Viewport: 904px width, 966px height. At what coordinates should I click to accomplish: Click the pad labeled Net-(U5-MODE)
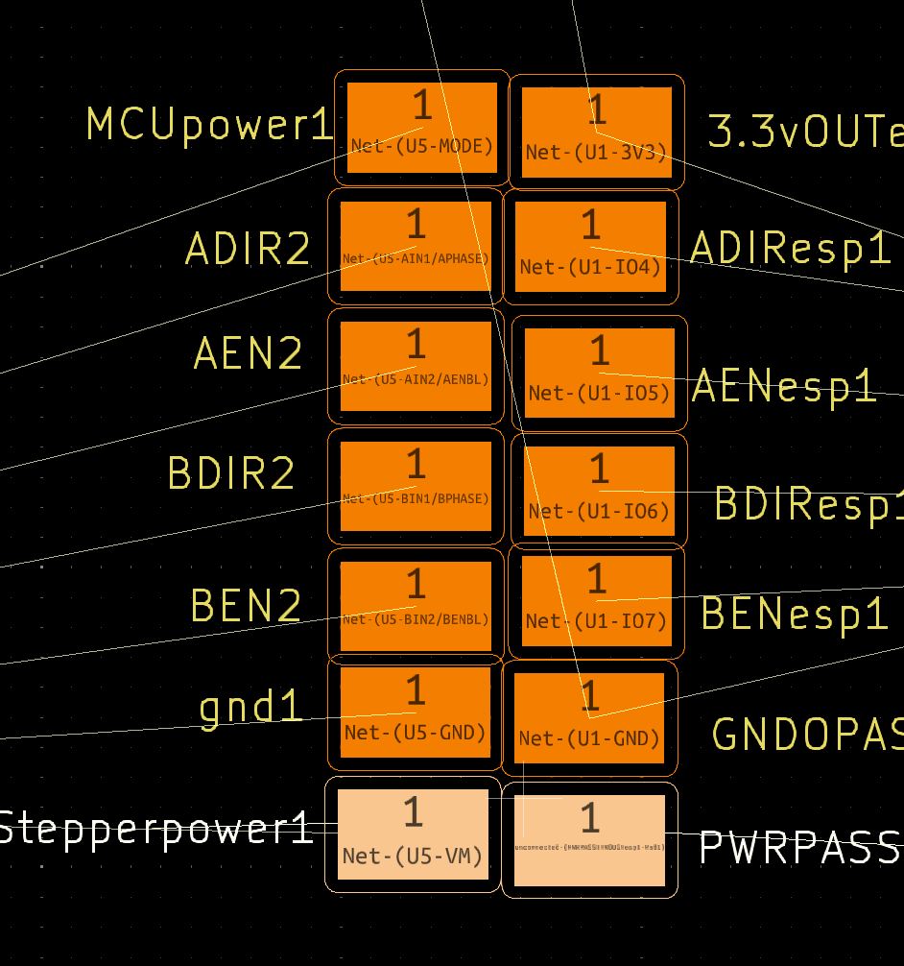[x=422, y=128]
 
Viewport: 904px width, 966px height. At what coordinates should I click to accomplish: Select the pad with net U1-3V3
[x=596, y=133]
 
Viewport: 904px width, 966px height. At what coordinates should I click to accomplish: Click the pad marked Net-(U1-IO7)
[x=596, y=599]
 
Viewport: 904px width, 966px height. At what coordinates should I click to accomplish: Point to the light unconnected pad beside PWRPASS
[x=589, y=839]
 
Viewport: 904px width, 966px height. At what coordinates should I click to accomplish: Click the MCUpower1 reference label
[x=209, y=125]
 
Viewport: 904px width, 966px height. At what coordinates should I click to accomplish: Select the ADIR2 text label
[x=248, y=250]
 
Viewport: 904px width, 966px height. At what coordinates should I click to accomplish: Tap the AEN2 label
[x=248, y=353]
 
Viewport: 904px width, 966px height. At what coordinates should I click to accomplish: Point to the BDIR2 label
[x=231, y=473]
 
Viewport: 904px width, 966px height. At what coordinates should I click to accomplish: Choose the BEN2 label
[x=246, y=606]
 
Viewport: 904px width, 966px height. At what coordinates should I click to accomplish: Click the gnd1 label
[x=250, y=709]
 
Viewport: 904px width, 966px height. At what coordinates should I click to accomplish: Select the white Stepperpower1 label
[x=156, y=828]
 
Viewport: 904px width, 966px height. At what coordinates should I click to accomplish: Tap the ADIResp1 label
[x=790, y=249]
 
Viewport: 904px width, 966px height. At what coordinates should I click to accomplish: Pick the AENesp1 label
[x=784, y=386]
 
